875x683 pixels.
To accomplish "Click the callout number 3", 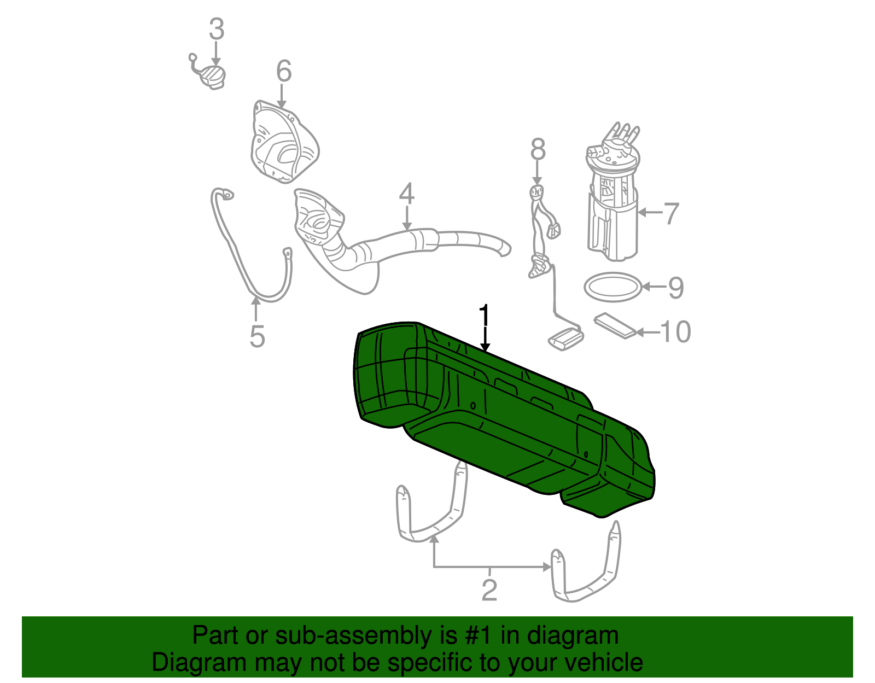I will [x=217, y=29].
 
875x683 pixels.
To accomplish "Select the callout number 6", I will [x=284, y=71].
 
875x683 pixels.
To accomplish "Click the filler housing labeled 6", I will [x=283, y=143].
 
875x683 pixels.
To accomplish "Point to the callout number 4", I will [x=406, y=194].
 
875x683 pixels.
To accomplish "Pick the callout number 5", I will [x=257, y=336].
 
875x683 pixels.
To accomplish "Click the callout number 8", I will [x=538, y=149].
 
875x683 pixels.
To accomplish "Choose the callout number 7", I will [x=671, y=213].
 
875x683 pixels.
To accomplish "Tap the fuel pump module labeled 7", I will [x=612, y=202].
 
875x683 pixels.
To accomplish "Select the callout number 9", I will [x=676, y=287].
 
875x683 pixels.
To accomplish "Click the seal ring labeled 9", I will [x=612, y=287].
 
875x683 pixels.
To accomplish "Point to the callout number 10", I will [x=675, y=332].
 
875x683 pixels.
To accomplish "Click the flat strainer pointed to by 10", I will [x=615, y=325].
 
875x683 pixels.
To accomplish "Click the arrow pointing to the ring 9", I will [x=654, y=286].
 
